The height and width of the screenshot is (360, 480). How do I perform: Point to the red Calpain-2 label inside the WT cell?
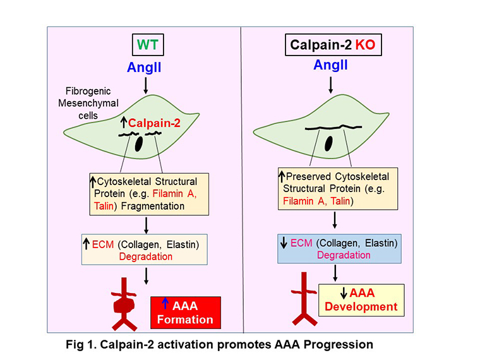tap(151, 123)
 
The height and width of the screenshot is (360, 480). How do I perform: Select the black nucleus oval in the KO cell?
tap(328, 144)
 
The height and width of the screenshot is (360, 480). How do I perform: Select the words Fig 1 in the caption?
tap(81, 345)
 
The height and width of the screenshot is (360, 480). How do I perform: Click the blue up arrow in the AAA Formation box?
tap(163, 306)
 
